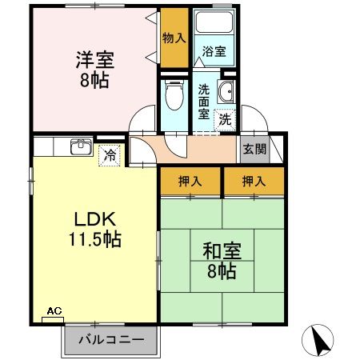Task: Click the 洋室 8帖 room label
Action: [x=95, y=70]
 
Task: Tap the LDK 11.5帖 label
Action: [x=95, y=230]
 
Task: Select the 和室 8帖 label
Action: [x=222, y=260]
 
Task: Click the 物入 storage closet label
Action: [x=174, y=38]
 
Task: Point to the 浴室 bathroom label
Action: [x=214, y=51]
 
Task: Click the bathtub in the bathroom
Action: [x=214, y=22]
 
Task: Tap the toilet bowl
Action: [x=174, y=94]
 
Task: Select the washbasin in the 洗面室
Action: [x=226, y=91]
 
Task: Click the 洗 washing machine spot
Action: [x=225, y=120]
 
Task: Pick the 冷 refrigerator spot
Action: [x=110, y=155]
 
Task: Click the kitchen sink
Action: [x=82, y=147]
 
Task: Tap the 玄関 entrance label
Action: [x=254, y=149]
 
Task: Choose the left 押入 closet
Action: [x=190, y=182]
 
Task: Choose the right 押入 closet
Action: [x=254, y=182]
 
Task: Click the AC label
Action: [x=54, y=311]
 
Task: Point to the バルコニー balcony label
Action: [x=111, y=340]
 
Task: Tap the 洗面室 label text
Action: [x=204, y=102]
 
